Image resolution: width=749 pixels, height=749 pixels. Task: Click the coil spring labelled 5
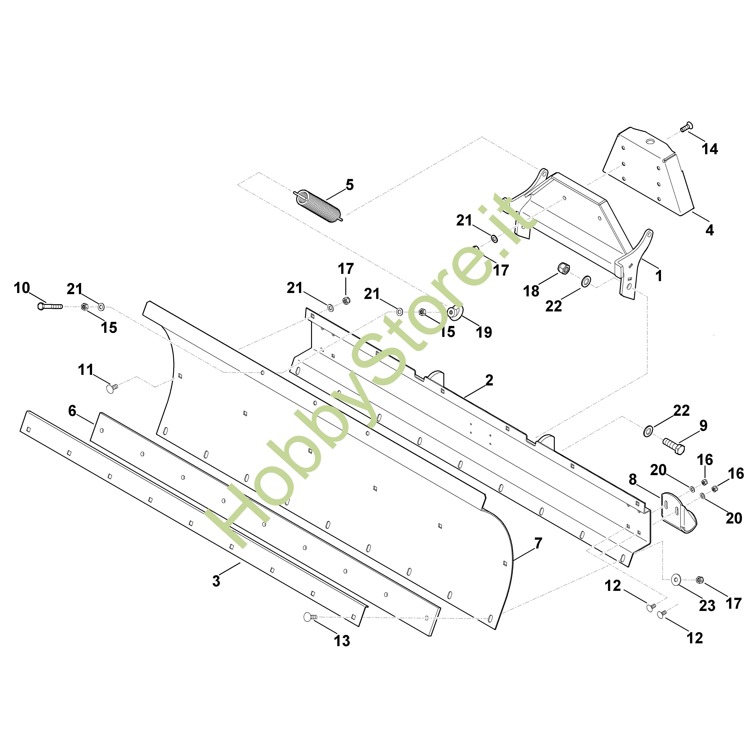(x=318, y=206)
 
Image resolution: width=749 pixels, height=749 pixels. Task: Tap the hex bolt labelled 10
(x=50, y=306)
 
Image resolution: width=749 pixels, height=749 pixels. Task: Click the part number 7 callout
(x=538, y=544)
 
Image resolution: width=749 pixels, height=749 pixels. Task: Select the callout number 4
(x=709, y=230)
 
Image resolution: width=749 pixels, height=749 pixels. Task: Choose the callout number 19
(x=484, y=332)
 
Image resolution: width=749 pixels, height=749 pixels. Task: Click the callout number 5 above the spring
(x=350, y=185)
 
